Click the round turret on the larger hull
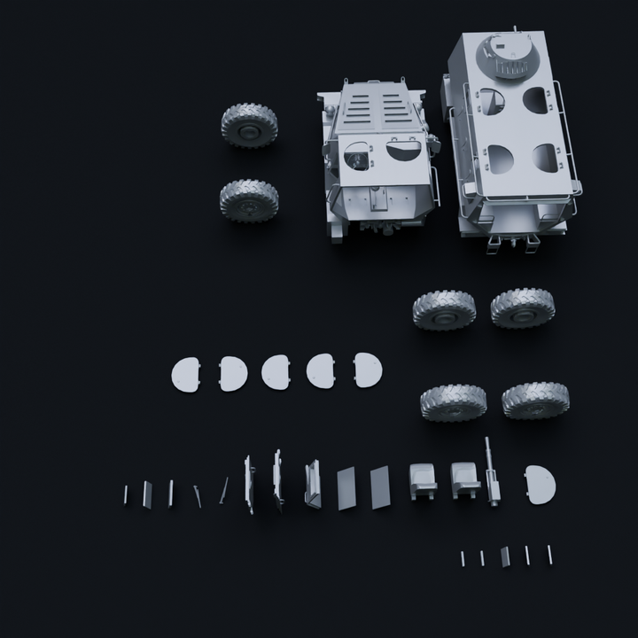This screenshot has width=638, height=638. click(x=510, y=57)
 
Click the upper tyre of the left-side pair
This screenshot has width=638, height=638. click(x=249, y=125)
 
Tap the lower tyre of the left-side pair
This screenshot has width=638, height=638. click(x=249, y=200)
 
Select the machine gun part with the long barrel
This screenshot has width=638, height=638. click(x=492, y=474)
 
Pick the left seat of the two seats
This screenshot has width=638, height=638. click(x=423, y=480)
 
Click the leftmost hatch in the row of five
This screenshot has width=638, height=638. click(x=186, y=374)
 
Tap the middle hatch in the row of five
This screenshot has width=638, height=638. click(x=276, y=371)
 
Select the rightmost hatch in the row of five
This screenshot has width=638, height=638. click(x=367, y=370)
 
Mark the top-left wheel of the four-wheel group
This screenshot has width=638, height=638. click(x=444, y=311)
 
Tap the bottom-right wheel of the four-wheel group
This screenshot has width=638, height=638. click(x=535, y=401)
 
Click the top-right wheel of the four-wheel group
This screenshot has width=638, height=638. click(x=523, y=307)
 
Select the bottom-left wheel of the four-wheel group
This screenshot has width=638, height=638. click(x=453, y=402)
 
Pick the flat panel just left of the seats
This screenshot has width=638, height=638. click(x=379, y=486)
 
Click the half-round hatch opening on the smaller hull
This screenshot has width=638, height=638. click(x=405, y=152)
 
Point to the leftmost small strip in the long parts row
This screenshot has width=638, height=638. click(x=126, y=494)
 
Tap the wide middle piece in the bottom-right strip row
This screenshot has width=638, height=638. click(x=505, y=556)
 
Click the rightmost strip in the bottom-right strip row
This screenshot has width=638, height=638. click(x=549, y=554)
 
